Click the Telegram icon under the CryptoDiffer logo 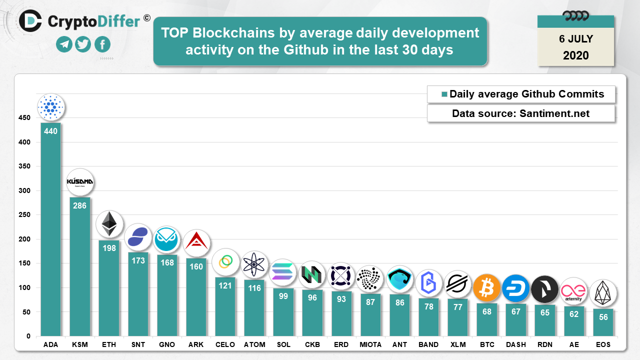(64, 44)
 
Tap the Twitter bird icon (83, 44)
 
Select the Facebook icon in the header (102, 44)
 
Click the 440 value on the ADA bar (50, 131)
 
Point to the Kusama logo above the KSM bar (80, 181)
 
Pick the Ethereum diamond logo (109, 223)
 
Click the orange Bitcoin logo (486, 288)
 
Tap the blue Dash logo (515, 289)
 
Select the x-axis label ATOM (254, 344)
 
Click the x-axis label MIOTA (370, 344)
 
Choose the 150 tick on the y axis (24, 263)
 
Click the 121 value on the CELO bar (225, 285)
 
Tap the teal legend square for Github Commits (443, 94)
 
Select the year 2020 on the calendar (575, 55)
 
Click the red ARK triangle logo (196, 243)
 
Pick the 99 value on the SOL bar (283, 296)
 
